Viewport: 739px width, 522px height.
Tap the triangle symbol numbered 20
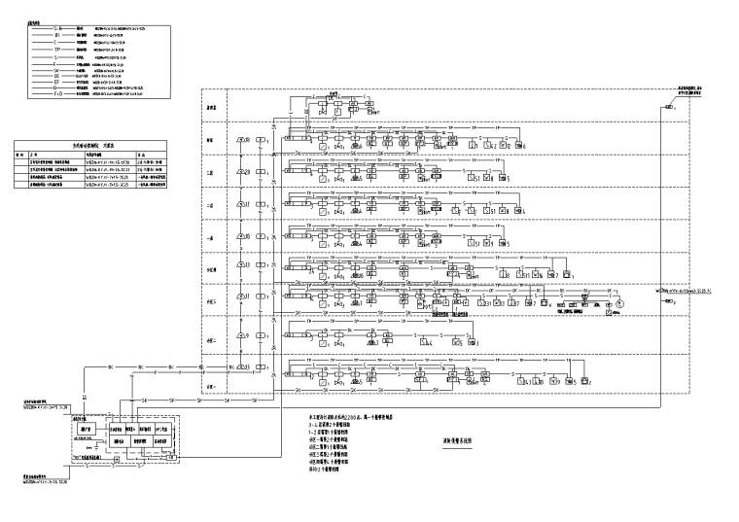[x=241, y=171]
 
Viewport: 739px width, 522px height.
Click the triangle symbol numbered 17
[x=241, y=205]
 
